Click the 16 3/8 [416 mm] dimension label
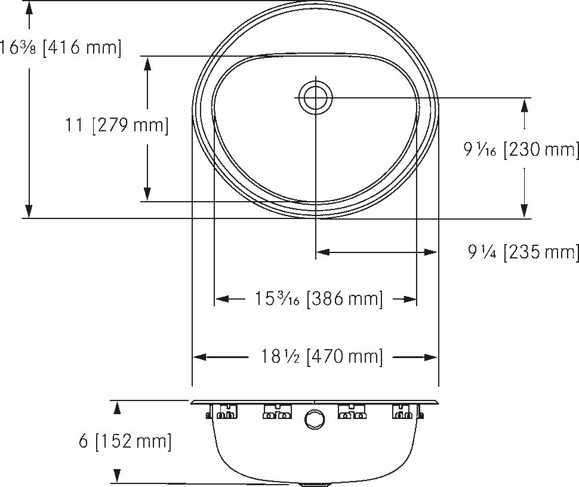pyautogui.click(x=60, y=48)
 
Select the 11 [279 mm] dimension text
pyautogui.click(x=116, y=125)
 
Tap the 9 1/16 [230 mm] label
pyautogui.click(x=521, y=150)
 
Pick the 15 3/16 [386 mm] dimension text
pyautogui.click(x=319, y=298)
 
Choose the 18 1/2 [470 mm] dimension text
pyautogui.click(x=322, y=356)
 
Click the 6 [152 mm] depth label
pyautogui.click(x=125, y=441)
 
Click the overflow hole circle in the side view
pyautogui.click(x=315, y=420)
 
